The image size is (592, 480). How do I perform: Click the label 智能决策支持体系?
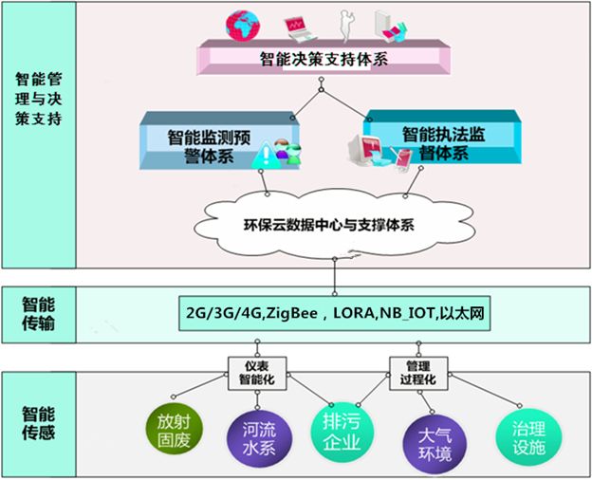tap(323, 60)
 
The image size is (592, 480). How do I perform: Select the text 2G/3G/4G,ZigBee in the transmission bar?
tap(249, 311)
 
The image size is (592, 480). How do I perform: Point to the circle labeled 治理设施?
tap(522, 433)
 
